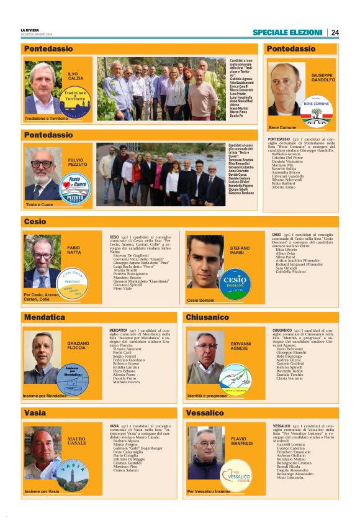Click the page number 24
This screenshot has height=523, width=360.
335,32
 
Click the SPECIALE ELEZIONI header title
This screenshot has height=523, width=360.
287,32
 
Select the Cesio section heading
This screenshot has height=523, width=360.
35,221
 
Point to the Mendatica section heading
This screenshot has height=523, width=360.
44,317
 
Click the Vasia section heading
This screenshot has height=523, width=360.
35,412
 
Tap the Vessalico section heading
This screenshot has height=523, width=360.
205,412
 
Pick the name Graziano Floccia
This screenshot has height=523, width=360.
76,345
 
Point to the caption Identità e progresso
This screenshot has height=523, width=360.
207,396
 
